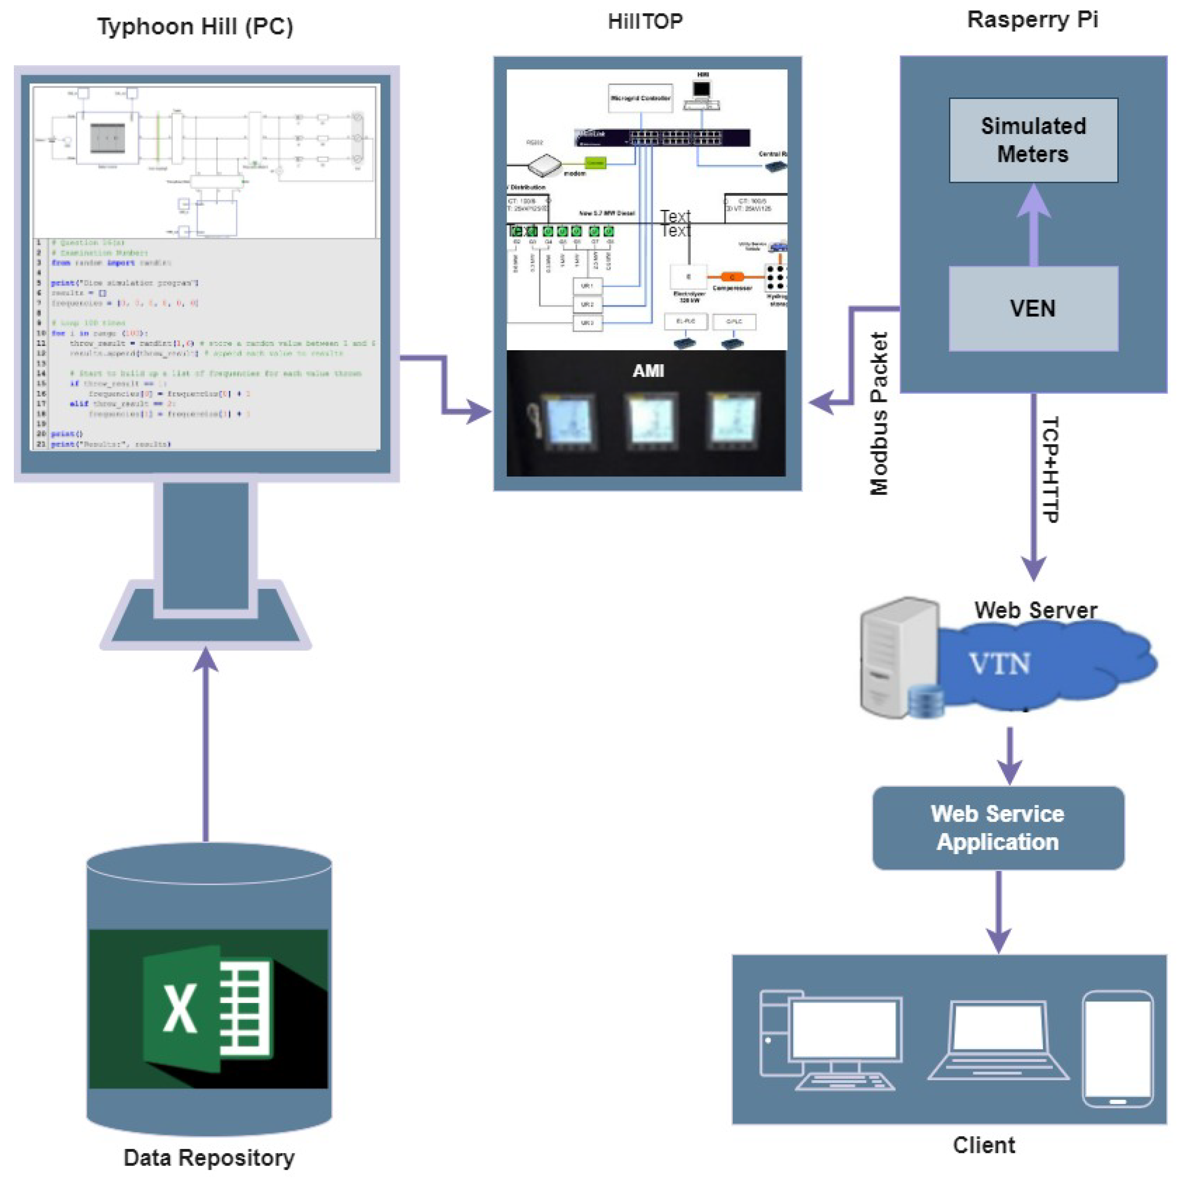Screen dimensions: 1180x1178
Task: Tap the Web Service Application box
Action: [997, 828]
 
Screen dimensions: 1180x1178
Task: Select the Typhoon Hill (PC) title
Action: [195, 27]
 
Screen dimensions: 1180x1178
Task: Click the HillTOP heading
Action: [645, 21]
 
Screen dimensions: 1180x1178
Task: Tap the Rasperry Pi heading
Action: [1033, 19]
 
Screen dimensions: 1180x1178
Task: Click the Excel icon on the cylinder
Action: [208, 1008]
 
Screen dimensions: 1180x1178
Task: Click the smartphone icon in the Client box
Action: [1117, 1049]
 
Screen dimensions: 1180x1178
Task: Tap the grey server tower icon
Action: [898, 656]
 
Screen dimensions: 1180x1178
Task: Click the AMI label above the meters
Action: [648, 371]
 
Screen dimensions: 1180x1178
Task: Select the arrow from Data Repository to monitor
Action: [206, 745]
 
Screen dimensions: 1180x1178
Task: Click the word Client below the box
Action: [984, 1145]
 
